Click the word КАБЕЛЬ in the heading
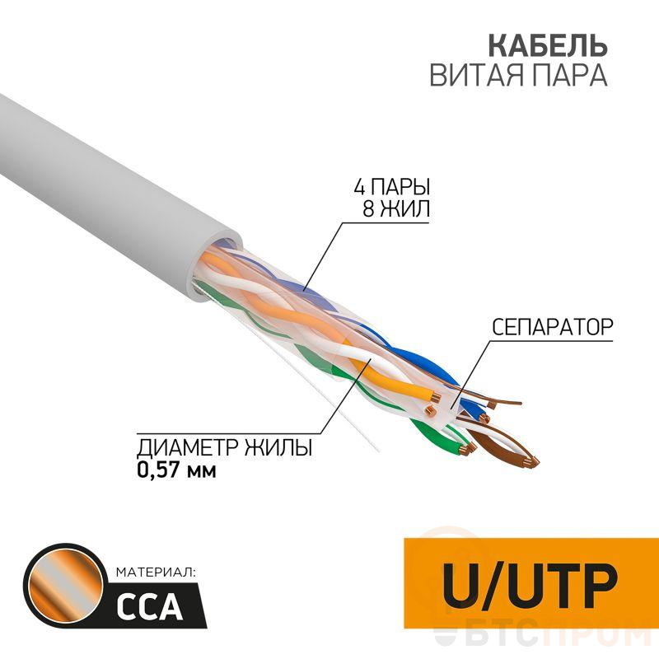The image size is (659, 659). pos(548,45)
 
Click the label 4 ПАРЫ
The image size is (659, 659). pos(392,187)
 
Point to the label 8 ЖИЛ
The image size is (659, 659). pos(397,208)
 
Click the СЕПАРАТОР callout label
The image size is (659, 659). pos(552,326)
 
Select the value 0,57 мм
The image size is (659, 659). pos(176,470)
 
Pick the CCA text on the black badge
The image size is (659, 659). pos(149,608)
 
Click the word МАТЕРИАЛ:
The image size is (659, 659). pos(156,572)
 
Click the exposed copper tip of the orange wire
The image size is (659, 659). pos(436,396)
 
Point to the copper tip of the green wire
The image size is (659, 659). pos(466,451)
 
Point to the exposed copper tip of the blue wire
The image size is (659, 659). pos(485,418)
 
